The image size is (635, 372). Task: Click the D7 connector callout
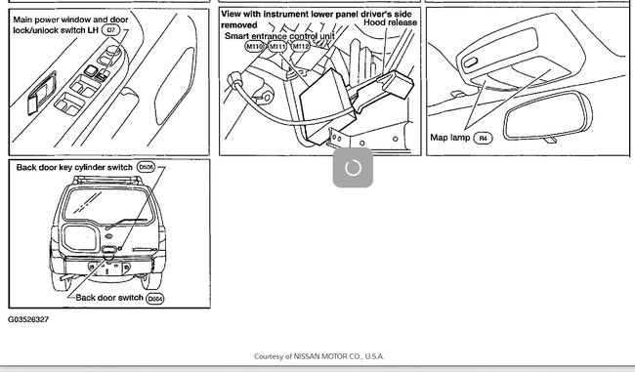tap(110, 30)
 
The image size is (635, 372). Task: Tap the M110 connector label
tap(254, 47)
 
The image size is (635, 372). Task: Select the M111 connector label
tap(277, 47)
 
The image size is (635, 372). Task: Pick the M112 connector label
tap(301, 47)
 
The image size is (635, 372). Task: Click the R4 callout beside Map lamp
tap(483, 138)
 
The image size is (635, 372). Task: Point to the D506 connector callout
tap(146, 167)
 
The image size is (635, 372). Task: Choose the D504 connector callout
tap(155, 299)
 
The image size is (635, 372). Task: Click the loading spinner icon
tap(353, 168)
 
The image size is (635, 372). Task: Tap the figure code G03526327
tap(28, 319)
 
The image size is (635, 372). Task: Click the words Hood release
tap(390, 22)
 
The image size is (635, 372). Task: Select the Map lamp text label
tap(450, 138)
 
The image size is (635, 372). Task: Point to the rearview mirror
tap(548, 116)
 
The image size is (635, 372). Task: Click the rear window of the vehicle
tap(108, 205)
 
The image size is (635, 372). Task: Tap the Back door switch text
tap(109, 298)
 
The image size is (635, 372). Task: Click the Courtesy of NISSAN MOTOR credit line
tap(319, 356)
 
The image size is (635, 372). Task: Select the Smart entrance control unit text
tap(279, 35)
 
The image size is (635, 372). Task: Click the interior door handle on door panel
tap(42, 93)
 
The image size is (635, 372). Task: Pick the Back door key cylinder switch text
tap(74, 167)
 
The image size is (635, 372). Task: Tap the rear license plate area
tap(109, 268)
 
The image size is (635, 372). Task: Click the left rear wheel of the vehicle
tap(60, 280)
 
